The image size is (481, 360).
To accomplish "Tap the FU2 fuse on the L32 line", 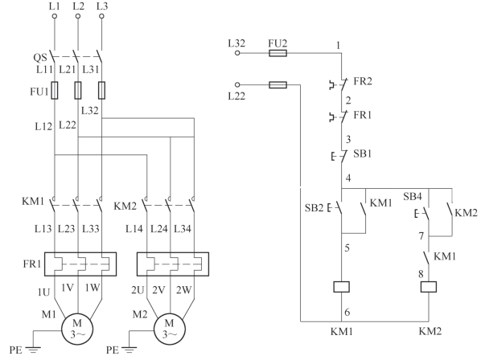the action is click(x=278, y=53).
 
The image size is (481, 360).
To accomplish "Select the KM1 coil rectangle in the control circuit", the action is click(x=341, y=287).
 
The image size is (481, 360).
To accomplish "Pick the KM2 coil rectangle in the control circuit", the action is click(x=429, y=287).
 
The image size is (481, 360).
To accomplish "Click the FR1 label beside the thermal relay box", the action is click(x=32, y=264).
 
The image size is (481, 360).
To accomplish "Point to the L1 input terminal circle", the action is click(x=55, y=16).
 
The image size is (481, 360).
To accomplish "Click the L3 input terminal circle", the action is click(x=102, y=16).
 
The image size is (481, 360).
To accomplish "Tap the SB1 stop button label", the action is click(x=362, y=153).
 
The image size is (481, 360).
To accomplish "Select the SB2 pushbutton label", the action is click(x=314, y=208).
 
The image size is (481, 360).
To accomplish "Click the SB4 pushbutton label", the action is click(x=413, y=196).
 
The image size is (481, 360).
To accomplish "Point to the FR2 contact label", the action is click(x=363, y=81).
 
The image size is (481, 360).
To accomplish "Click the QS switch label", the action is click(x=40, y=57).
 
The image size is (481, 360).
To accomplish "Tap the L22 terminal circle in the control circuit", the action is click(x=237, y=85).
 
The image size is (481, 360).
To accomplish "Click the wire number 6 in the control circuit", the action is click(x=347, y=313).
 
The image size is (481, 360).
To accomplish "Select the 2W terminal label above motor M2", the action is click(x=183, y=290).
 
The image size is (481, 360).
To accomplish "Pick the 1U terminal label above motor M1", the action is click(x=44, y=292).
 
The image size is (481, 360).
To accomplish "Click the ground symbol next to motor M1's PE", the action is click(x=33, y=350).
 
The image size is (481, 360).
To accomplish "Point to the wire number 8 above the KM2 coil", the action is click(x=421, y=274).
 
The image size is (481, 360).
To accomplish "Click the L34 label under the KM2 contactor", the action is click(x=183, y=229).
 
